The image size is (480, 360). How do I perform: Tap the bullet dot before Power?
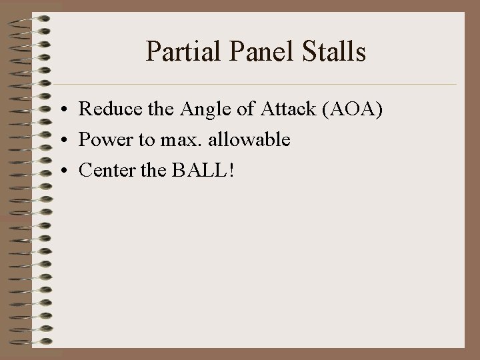pos(61,141)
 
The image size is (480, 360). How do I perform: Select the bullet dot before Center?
pos(61,171)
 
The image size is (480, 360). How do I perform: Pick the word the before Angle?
pos(155,110)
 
